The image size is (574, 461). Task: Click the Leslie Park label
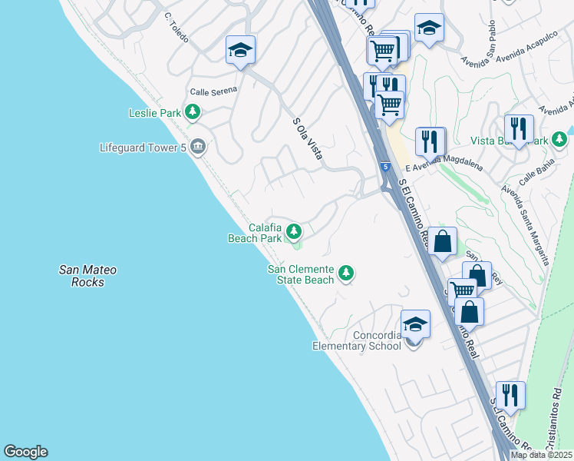(154, 114)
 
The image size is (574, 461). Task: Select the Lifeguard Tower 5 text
(143, 147)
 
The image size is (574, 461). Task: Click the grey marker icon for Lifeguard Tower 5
(198, 146)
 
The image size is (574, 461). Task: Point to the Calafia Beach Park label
(255, 233)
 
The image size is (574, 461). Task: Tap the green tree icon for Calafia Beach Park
(293, 231)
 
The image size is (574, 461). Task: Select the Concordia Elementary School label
(357, 340)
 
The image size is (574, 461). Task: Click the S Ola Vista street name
(307, 138)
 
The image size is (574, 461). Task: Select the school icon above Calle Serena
(240, 51)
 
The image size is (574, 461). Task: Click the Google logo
(25, 452)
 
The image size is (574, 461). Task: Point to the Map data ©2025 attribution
(540, 455)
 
